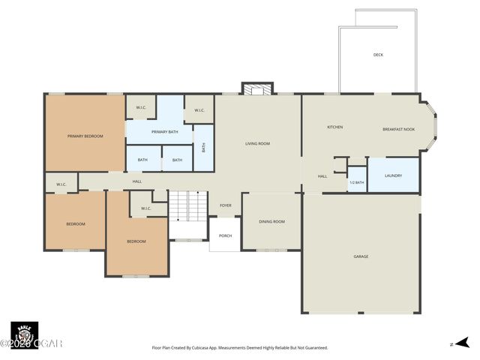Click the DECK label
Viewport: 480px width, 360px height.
tap(379, 55)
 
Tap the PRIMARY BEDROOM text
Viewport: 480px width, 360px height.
tap(85, 136)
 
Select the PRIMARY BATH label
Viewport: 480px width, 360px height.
tap(164, 132)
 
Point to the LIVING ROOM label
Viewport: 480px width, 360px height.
tap(257, 143)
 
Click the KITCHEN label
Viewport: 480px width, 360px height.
tap(334, 127)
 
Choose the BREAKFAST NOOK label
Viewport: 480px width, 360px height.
tap(398, 128)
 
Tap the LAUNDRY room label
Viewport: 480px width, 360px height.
tap(393, 175)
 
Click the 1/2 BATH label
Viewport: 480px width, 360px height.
tap(357, 182)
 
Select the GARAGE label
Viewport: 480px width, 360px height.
tap(361, 256)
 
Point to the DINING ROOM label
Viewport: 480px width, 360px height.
tap(271, 221)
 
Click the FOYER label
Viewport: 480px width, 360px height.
tap(225, 205)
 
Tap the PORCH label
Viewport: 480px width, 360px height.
tap(225, 235)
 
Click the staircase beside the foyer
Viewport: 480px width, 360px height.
tap(187, 205)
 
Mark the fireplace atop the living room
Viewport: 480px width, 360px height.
tap(258, 89)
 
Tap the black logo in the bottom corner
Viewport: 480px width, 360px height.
tap(24, 334)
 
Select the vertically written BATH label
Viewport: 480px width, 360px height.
tap(203, 147)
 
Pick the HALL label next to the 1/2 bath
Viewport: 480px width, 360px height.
tap(322, 176)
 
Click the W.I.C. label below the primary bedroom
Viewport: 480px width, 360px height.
tap(61, 184)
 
